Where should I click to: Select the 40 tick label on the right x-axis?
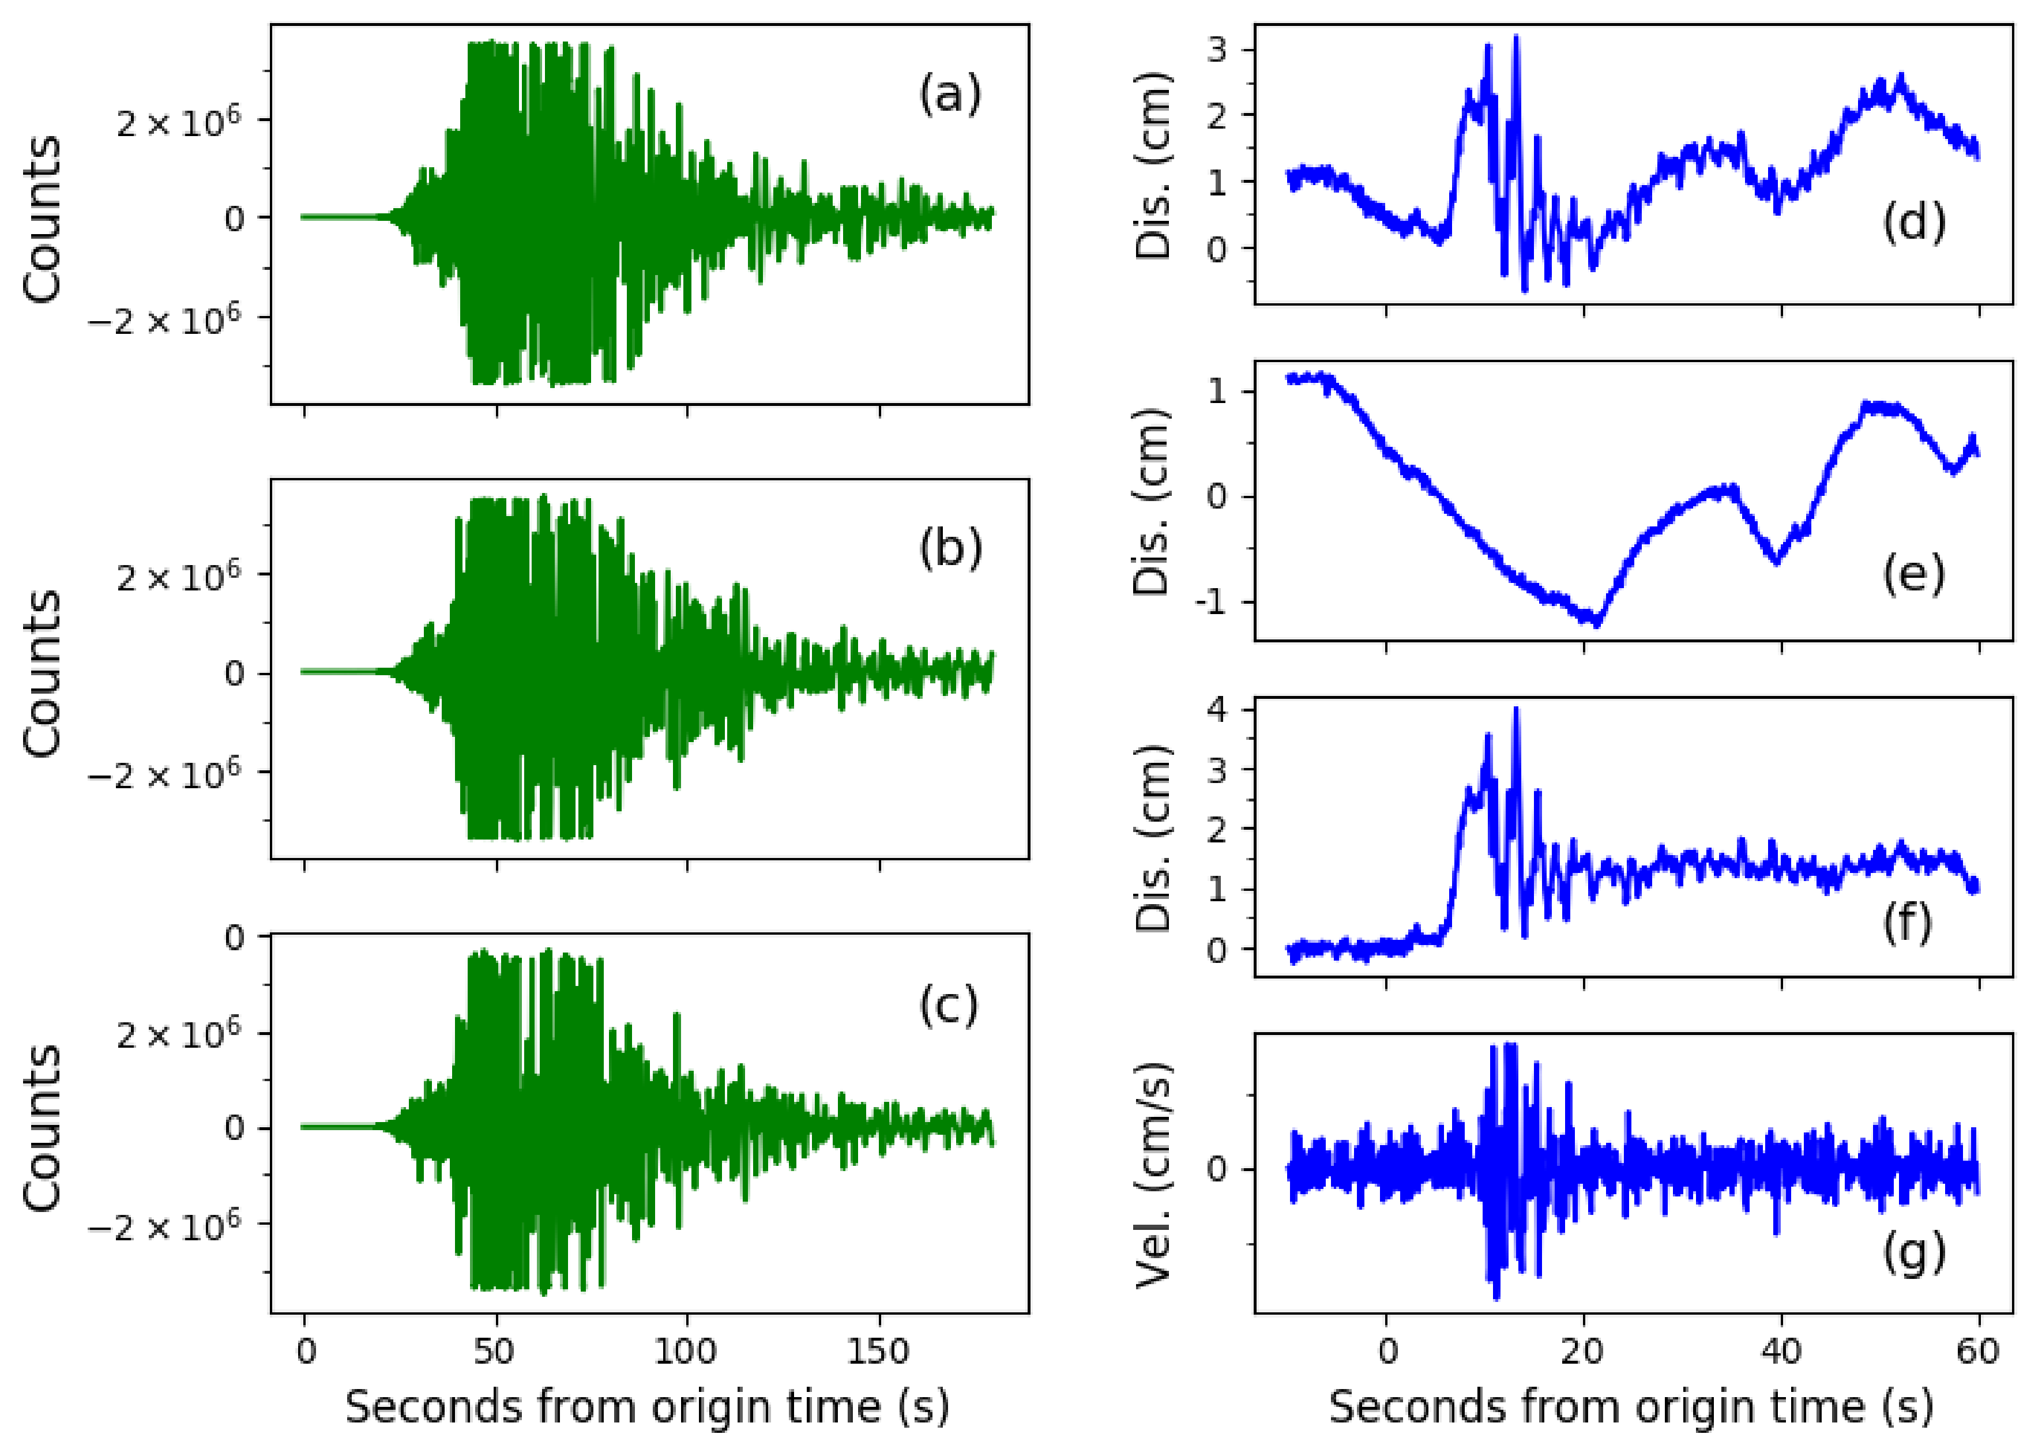(x=1781, y=1352)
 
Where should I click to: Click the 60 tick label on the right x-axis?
(x=1978, y=1352)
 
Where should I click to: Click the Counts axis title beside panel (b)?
(x=42, y=673)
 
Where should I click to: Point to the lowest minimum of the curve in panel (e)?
(x=1596, y=624)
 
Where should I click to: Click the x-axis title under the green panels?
(x=648, y=1407)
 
